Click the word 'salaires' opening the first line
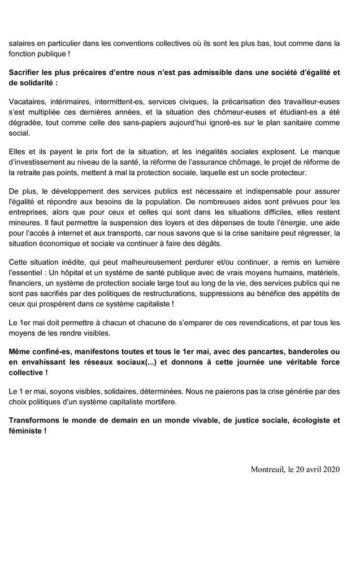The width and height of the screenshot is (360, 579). click(23, 43)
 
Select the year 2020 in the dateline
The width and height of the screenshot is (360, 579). click(331, 486)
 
